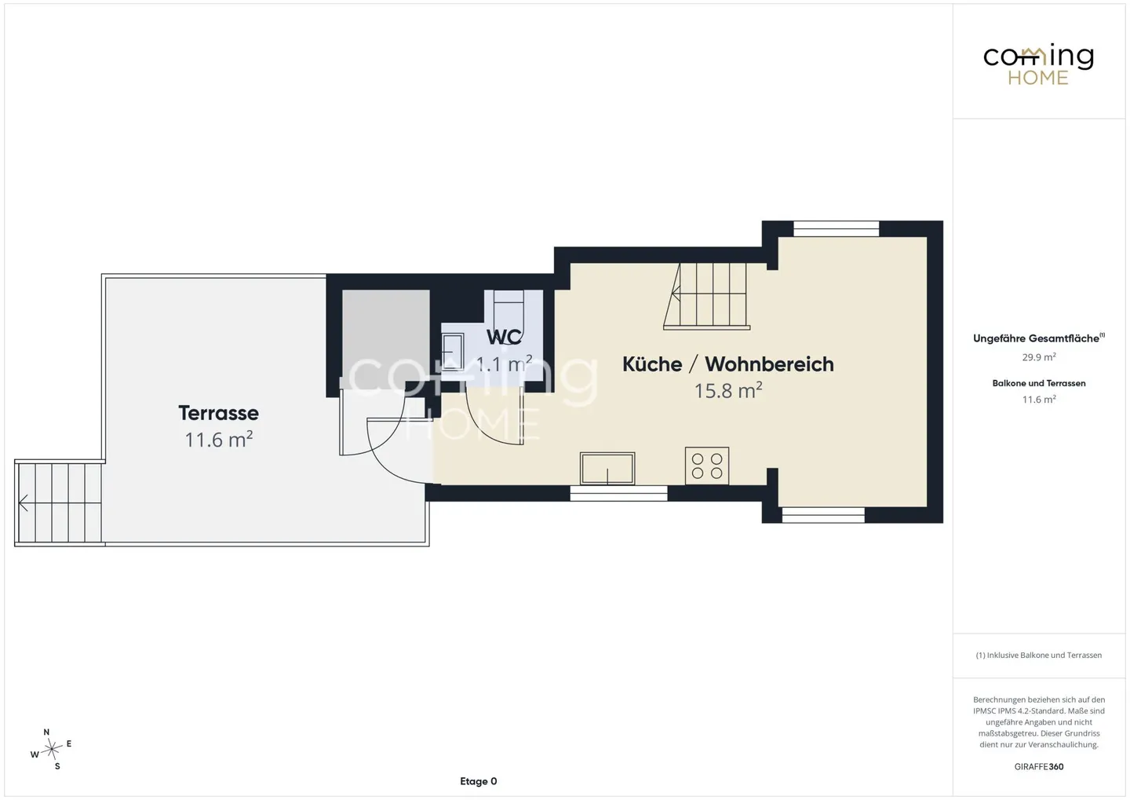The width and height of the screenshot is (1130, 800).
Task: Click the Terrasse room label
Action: click(x=218, y=413)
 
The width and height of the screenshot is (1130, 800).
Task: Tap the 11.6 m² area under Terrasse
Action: click(x=218, y=439)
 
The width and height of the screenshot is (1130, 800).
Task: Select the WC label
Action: click(x=504, y=337)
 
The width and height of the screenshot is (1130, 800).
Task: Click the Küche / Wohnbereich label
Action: click(x=728, y=364)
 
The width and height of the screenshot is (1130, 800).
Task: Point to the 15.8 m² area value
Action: click(x=728, y=391)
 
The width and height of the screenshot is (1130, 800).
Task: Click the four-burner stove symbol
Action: click(x=707, y=466)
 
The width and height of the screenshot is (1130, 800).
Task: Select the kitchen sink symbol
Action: click(x=607, y=469)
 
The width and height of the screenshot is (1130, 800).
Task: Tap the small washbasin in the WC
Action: click(x=453, y=352)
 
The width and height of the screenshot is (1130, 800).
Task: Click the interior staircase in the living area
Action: click(x=707, y=296)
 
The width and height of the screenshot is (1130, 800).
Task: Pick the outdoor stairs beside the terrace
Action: click(x=59, y=503)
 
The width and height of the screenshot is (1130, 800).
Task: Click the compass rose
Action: click(x=51, y=749)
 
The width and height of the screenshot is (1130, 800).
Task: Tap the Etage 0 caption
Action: click(x=478, y=781)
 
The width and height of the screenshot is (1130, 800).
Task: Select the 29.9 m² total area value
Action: click(x=1039, y=357)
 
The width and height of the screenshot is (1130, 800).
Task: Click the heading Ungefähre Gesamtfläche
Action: click(x=1038, y=338)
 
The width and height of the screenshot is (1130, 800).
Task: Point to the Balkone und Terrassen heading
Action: click(x=1039, y=383)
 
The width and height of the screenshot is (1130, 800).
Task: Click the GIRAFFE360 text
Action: click(x=1039, y=767)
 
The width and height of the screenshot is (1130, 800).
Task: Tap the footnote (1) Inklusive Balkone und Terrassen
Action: click(x=1039, y=655)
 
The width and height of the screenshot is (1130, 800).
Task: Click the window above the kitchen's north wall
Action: click(x=837, y=228)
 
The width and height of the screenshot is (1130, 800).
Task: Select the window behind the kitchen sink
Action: click(x=618, y=493)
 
